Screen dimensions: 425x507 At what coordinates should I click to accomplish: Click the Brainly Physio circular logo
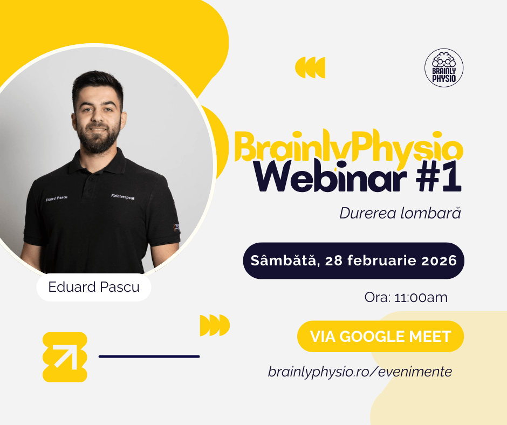(444, 68)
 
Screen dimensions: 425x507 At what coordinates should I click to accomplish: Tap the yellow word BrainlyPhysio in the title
(348, 146)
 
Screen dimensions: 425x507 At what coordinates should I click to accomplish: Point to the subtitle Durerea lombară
(400, 213)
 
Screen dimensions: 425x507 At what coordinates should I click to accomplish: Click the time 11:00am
(421, 297)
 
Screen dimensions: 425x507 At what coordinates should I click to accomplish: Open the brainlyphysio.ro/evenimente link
(360, 372)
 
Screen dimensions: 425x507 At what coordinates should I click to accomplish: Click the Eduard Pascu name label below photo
(94, 287)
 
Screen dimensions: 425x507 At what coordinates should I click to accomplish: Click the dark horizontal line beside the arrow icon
(149, 357)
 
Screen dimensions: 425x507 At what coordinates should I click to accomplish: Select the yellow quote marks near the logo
(310, 67)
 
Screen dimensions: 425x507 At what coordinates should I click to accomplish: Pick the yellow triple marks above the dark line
(215, 325)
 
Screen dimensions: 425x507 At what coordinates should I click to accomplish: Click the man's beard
(99, 139)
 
